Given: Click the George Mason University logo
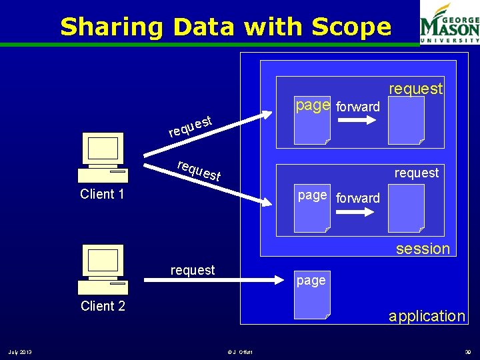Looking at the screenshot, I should (x=449, y=23).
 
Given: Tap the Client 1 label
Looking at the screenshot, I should (x=102, y=194).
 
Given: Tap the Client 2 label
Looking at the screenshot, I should (x=102, y=306).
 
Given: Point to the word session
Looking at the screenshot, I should (x=423, y=249).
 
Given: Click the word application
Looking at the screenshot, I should (x=427, y=316).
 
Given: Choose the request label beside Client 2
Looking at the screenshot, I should (x=193, y=270).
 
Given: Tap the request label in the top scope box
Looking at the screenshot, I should (x=415, y=88).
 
